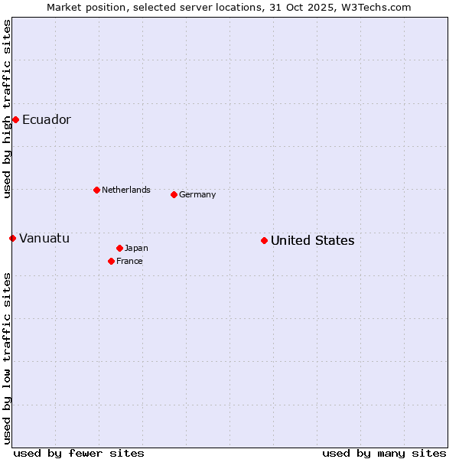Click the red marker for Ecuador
point(15,119)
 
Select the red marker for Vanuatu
point(12,238)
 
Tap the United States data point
point(264,240)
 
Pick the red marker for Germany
point(174,194)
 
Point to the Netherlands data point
point(96,190)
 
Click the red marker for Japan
point(119,248)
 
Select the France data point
point(111,261)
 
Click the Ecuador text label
point(47,119)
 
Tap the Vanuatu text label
point(44,238)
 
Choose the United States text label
point(312,240)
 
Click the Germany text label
point(197,194)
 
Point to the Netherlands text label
point(126,190)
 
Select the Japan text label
point(136,248)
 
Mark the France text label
point(129,261)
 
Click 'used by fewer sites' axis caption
point(79,453)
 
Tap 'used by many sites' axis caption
point(384,453)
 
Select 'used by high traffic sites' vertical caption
point(7,109)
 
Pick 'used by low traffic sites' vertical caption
point(7,358)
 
